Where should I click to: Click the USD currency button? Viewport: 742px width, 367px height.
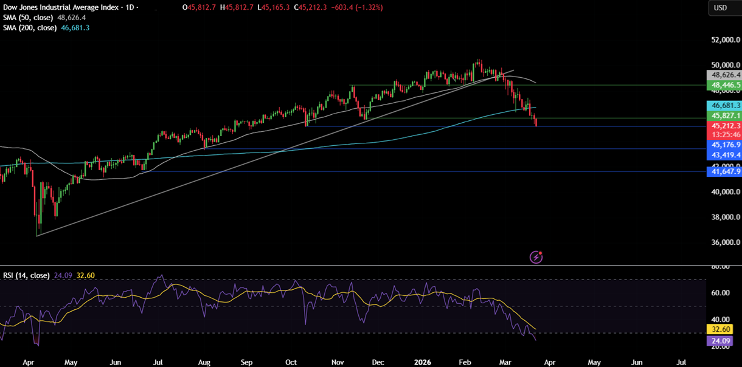point(720,8)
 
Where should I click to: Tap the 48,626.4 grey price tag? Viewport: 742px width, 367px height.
point(723,75)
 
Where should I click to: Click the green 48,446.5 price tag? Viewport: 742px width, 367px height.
point(723,86)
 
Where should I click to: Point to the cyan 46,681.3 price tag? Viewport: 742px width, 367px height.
point(723,105)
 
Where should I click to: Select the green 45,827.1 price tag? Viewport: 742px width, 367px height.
point(723,115)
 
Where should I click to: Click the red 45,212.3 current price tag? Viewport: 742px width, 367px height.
point(723,126)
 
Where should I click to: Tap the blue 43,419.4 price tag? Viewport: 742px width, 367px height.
point(723,156)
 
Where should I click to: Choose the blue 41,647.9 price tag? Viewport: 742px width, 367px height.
point(723,172)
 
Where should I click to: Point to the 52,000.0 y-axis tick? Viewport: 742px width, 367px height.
point(723,40)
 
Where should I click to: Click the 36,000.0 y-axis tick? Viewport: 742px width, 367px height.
point(723,242)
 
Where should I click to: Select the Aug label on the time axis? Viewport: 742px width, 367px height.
point(204,362)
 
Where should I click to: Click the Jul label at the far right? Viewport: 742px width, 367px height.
point(681,362)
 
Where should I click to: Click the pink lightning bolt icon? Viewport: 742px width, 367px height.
point(536,257)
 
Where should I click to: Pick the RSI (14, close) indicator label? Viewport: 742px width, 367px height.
point(26,275)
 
